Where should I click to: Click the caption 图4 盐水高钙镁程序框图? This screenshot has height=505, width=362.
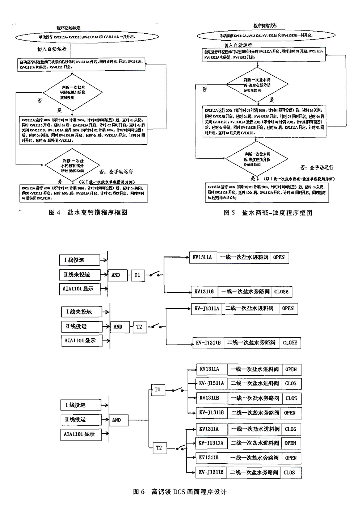[x=88, y=213]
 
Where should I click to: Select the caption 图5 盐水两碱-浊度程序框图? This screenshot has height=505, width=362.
[x=268, y=213]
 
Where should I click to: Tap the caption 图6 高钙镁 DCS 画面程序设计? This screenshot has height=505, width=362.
[x=180, y=492]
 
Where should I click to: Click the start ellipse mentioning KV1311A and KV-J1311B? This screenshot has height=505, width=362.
[x=87, y=37]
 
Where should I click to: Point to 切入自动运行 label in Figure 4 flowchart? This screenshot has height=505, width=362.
[x=52, y=49]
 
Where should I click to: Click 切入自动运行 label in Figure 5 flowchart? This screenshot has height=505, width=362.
[x=238, y=45]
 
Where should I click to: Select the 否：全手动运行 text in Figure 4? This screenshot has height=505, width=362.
[x=116, y=172]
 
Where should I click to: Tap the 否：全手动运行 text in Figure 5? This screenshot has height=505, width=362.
[x=317, y=168]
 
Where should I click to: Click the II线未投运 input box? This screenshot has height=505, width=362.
[x=79, y=275]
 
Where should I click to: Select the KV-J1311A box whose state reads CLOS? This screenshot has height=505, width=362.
[x=211, y=383]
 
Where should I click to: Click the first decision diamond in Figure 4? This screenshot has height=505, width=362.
[x=72, y=92]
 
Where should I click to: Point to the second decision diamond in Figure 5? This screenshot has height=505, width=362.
[x=257, y=157]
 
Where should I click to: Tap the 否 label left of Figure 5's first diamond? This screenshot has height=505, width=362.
[x=205, y=89]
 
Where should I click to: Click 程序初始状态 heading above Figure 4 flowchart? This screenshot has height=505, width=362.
[x=68, y=28]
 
